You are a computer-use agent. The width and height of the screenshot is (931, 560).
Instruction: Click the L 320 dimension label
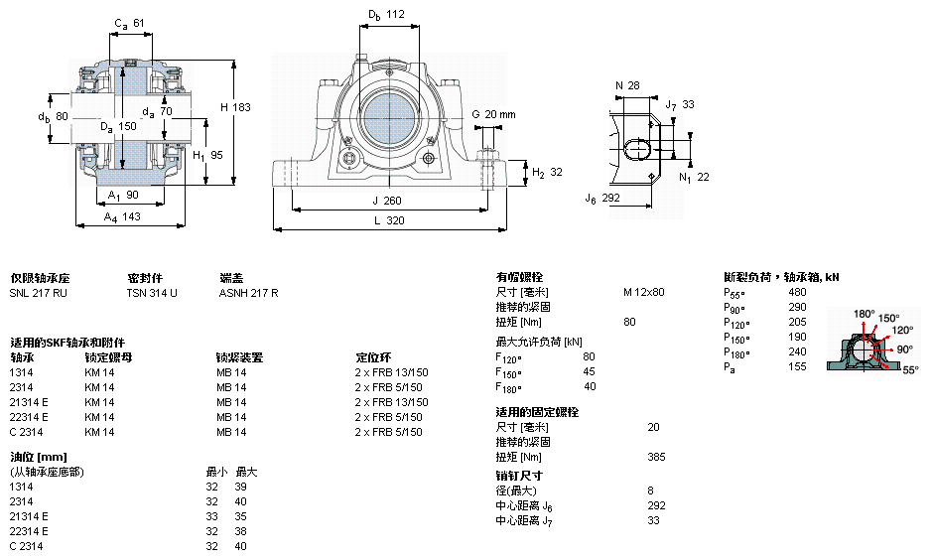[x=389, y=220]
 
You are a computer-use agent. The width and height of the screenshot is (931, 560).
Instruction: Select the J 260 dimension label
[x=386, y=201]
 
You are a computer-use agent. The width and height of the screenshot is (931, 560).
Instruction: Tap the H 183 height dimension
[x=235, y=107]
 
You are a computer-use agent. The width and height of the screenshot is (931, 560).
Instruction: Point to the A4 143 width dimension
[x=122, y=217]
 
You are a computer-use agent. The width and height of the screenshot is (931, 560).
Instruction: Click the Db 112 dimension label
[x=386, y=15]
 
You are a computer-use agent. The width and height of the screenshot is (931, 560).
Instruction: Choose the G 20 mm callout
[x=493, y=114]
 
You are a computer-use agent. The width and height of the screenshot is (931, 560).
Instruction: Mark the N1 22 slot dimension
[x=694, y=178]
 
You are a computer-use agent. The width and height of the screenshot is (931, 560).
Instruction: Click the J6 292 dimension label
[x=602, y=199]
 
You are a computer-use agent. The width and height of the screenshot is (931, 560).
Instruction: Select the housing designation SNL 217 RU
[x=38, y=293]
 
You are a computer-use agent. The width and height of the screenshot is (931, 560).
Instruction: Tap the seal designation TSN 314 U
[x=152, y=293]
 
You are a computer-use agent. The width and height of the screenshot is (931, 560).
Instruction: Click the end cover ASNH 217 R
[x=248, y=293]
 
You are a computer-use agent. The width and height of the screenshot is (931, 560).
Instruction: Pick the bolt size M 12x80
[x=643, y=292]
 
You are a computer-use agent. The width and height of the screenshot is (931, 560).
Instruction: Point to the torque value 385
[x=656, y=457]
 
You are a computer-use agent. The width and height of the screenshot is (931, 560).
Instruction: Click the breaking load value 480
[x=797, y=292]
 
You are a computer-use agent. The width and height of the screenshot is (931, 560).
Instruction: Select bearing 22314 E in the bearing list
[x=29, y=417]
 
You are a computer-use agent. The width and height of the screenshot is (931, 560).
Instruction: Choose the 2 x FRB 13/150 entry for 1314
[x=391, y=372]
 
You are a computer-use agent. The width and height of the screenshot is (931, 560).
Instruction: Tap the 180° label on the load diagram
[x=864, y=314]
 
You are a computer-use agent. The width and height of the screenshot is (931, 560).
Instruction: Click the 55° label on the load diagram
[x=910, y=370]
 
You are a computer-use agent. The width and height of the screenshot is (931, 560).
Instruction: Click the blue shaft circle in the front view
[x=388, y=117]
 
